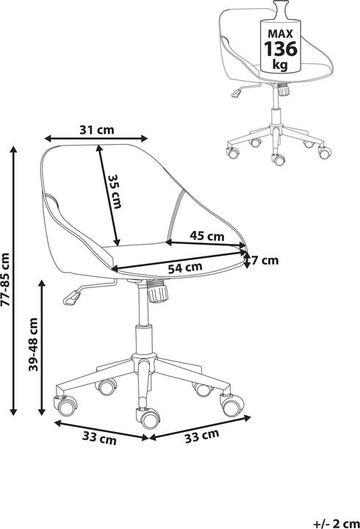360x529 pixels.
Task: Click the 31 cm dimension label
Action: (97, 130)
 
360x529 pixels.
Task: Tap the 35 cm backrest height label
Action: (115, 192)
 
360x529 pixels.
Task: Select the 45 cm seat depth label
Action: (207, 236)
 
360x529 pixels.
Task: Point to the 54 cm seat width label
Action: (185, 267)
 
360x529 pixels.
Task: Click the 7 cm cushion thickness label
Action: (265, 260)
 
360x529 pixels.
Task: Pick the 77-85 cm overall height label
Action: (6, 279)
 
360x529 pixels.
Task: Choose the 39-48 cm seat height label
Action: (33, 345)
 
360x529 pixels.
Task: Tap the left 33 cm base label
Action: (99, 438)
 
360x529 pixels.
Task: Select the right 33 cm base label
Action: (202, 436)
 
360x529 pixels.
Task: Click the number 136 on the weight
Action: (281, 49)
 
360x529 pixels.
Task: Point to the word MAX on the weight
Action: (281, 34)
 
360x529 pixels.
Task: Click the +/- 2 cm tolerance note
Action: (336, 524)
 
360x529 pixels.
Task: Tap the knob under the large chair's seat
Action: (157, 292)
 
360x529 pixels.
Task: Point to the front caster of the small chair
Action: (278, 159)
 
